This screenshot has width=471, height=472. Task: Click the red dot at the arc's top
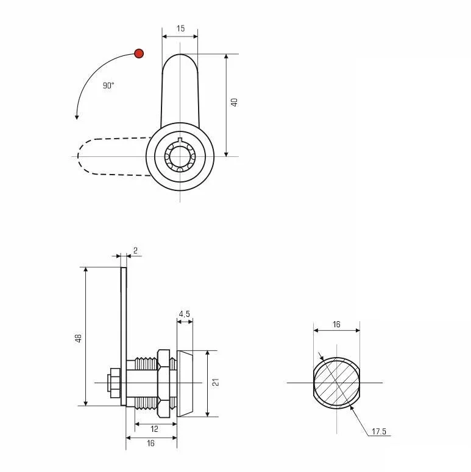(x=139, y=54)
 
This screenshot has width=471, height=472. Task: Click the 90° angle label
(x=108, y=86)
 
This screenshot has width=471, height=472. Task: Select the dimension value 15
(x=180, y=29)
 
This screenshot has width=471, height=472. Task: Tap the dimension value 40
(x=235, y=102)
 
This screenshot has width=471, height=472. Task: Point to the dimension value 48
(x=79, y=338)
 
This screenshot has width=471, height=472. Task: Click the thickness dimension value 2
(x=135, y=251)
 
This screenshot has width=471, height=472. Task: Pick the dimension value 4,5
(x=185, y=314)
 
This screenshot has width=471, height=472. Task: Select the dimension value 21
(x=216, y=383)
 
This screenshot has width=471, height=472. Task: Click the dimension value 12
(x=154, y=429)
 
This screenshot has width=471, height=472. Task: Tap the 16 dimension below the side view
(x=151, y=443)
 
